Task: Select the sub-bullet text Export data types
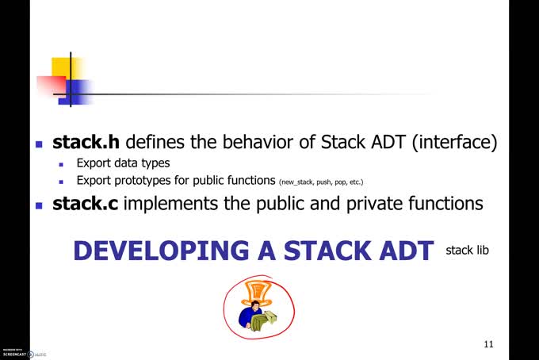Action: point(123,163)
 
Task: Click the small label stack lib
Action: point(467,251)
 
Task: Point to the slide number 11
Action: point(488,344)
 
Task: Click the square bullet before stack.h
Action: point(39,145)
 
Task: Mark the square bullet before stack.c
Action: point(39,205)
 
